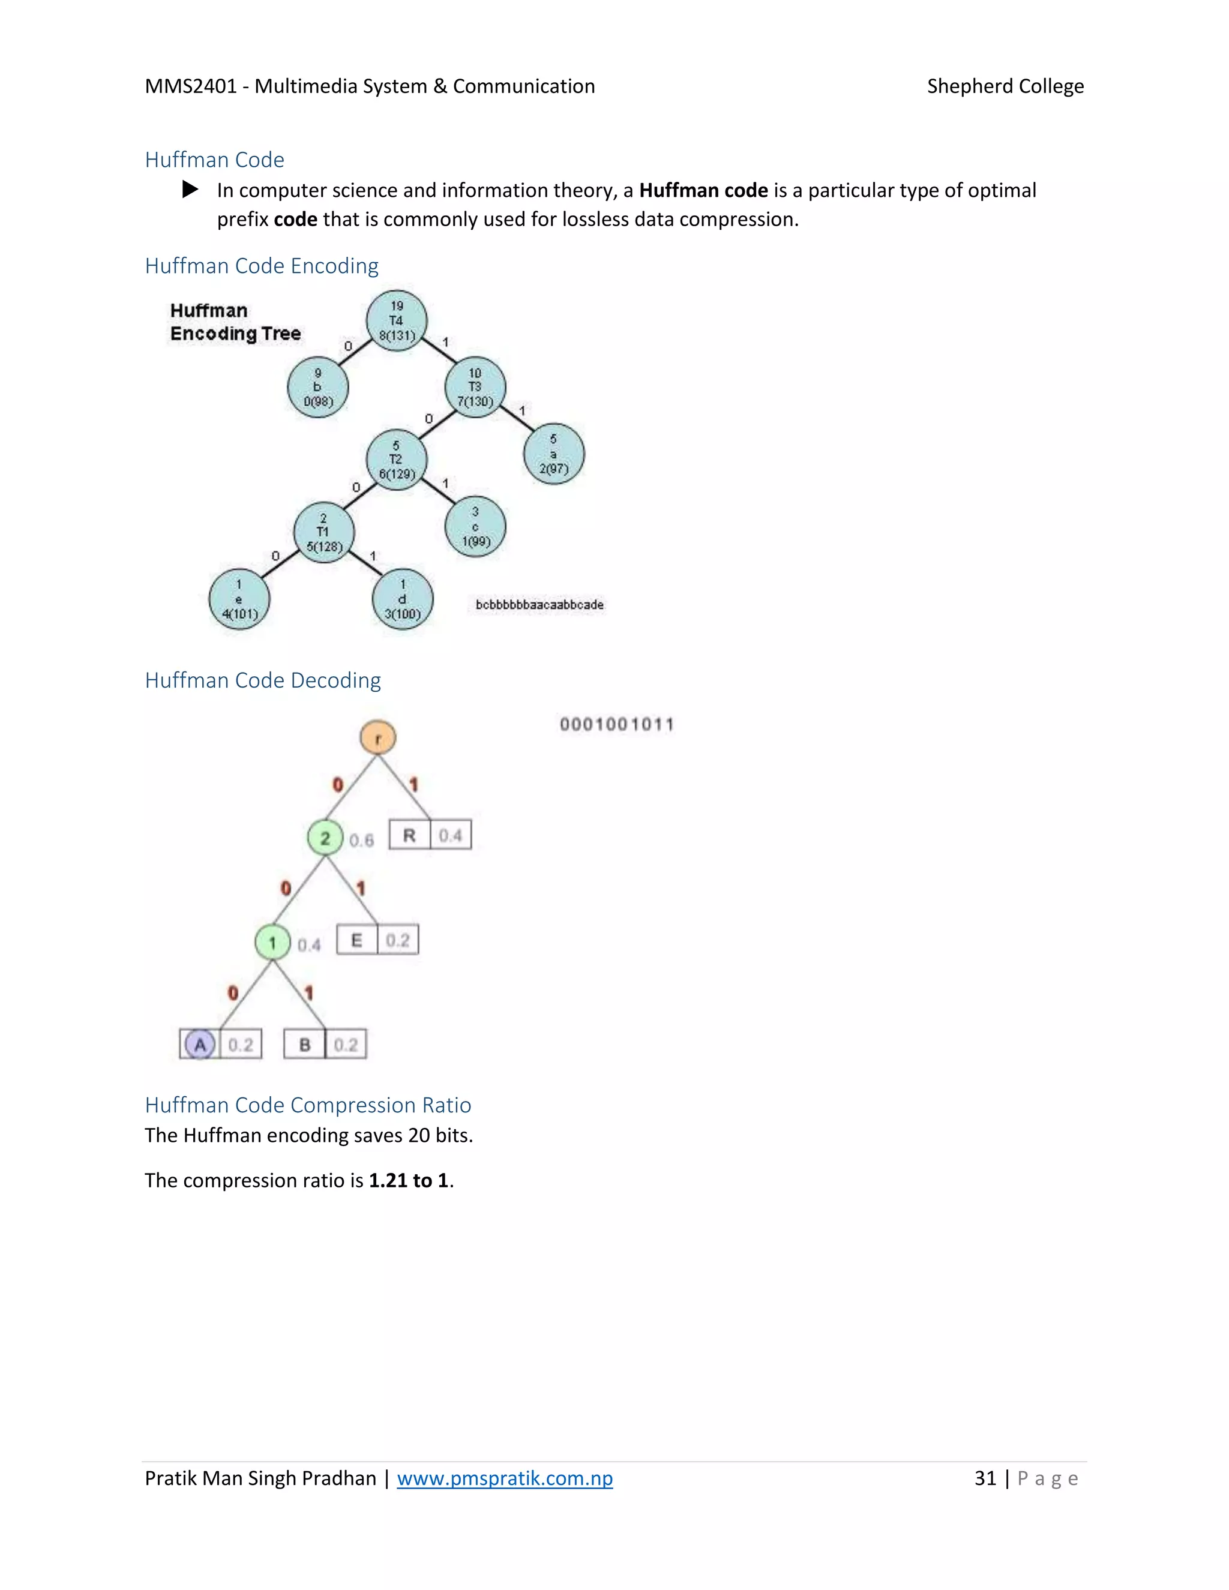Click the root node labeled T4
click(396, 321)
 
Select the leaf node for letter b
click(317, 388)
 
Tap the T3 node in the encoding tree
click(475, 388)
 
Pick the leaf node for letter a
click(553, 454)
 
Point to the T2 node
click(396, 460)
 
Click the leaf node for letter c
click(475, 526)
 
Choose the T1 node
click(324, 532)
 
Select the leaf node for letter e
click(239, 599)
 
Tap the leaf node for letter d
click(403, 599)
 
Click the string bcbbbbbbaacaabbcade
click(539, 604)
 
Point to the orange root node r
click(378, 737)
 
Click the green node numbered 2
click(325, 838)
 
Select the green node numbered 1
click(273, 943)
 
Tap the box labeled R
click(410, 835)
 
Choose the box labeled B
click(304, 1045)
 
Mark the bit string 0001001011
click(617, 724)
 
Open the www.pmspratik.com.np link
click(505, 1478)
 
